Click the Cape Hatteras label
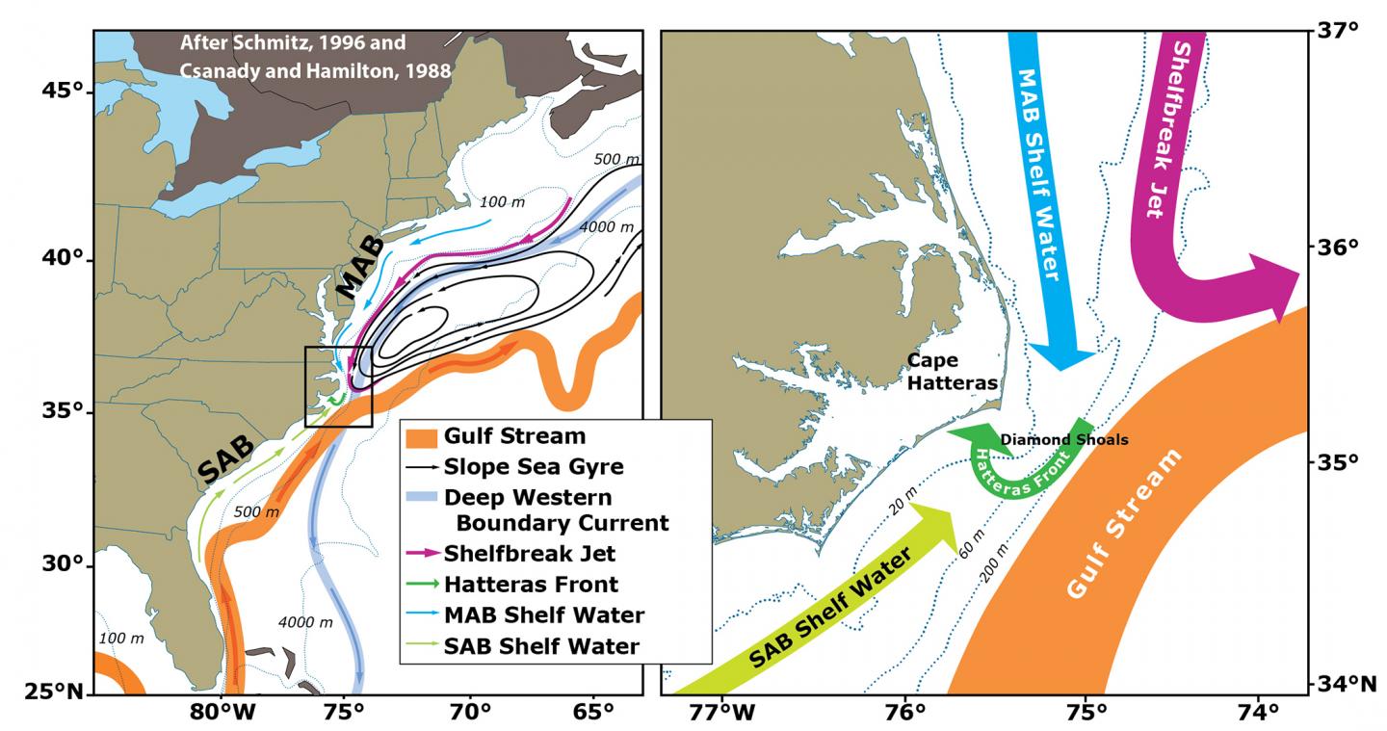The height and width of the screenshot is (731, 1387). [x=952, y=372]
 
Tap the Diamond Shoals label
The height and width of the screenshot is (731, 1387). [x=1063, y=440]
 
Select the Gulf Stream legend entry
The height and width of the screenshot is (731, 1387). [x=514, y=436]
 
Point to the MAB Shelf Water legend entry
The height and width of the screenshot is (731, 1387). [x=542, y=614]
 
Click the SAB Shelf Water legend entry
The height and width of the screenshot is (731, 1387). [x=540, y=645]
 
